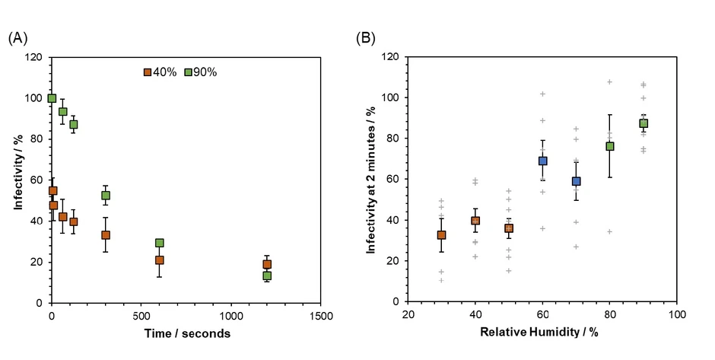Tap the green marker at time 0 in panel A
(x=52, y=98)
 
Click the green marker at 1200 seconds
(x=267, y=276)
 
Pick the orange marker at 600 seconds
(x=159, y=260)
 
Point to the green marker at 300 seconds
(x=106, y=196)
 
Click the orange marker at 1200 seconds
(x=267, y=264)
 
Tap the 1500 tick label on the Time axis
(x=321, y=316)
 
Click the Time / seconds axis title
(x=186, y=333)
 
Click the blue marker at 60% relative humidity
(x=543, y=161)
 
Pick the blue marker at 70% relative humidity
(x=577, y=181)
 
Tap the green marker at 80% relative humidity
(x=610, y=146)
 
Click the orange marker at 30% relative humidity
(x=441, y=235)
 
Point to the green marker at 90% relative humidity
(x=643, y=123)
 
